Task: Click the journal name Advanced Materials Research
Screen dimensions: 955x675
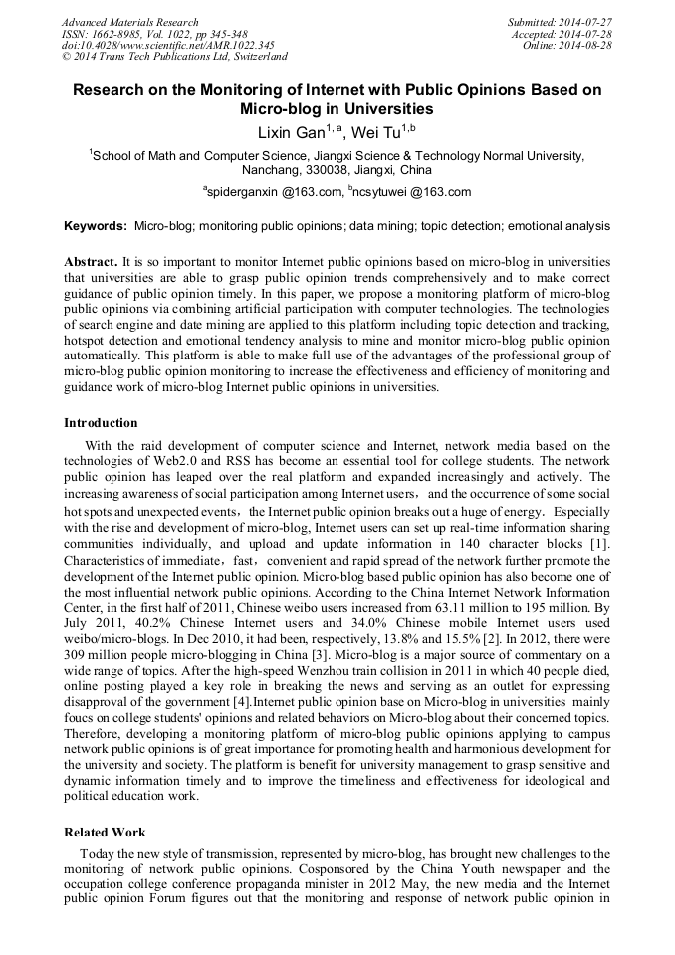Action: (129, 22)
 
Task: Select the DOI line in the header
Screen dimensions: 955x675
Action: (167, 45)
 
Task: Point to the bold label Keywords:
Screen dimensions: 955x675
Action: (96, 226)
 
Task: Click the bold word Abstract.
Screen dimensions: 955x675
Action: (91, 261)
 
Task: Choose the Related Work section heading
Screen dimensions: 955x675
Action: (105, 832)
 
